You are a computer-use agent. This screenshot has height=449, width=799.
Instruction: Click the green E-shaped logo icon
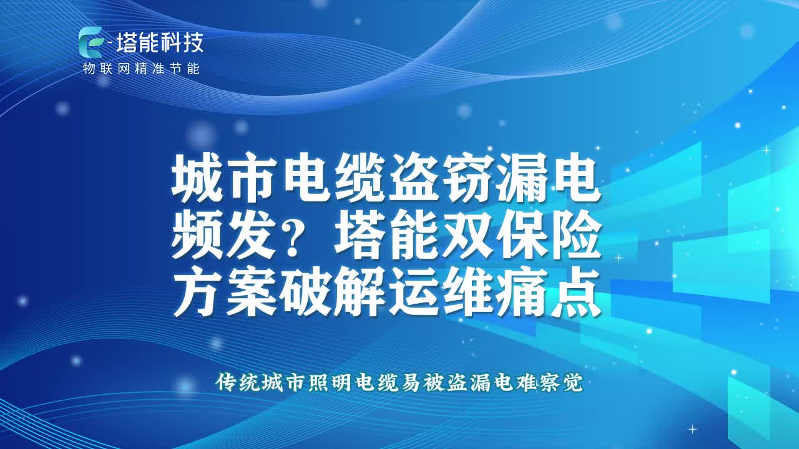90,42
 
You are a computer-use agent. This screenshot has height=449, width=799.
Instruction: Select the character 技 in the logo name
193,42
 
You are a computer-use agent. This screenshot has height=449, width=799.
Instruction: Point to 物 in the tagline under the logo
89,69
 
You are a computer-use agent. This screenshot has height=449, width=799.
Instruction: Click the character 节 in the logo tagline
176,69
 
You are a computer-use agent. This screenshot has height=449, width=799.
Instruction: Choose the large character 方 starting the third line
198,292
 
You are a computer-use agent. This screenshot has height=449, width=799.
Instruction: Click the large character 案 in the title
251,292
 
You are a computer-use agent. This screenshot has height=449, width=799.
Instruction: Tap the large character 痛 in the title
521,292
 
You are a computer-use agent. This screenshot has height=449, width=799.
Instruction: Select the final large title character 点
576,292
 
